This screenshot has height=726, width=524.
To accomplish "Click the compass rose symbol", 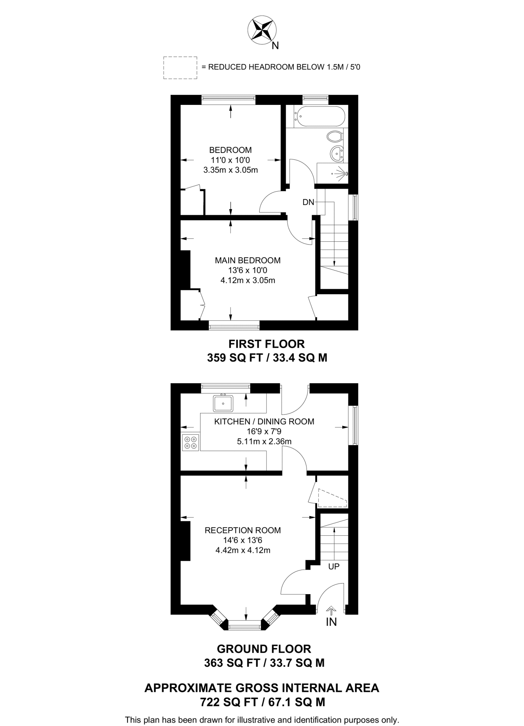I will coord(262,31).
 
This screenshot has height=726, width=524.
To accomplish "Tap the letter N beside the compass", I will coord(275,46).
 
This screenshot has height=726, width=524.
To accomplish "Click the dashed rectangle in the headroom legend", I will coord(180,67).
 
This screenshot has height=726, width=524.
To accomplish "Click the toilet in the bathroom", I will coord(334,136).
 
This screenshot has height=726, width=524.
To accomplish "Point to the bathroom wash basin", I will coord(336,153).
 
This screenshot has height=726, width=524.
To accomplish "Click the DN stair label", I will coord(308,202).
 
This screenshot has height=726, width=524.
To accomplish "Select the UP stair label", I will coord(334,566).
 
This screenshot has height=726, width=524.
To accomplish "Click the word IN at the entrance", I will coord(331,622).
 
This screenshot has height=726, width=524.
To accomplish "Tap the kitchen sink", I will coord(223,403).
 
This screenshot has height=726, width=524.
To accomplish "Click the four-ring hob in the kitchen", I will coord(191,442).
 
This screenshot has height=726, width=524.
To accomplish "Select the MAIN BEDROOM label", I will coord(248,260).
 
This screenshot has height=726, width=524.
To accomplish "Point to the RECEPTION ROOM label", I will coord(243,530).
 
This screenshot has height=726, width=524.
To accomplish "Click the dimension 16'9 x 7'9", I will coord(264,431).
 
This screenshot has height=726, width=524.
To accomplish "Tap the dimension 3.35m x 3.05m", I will coord(231,170).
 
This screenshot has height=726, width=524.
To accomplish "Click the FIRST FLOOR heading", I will coord(266,344).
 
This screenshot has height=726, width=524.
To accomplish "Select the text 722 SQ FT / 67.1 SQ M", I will coord(263,702).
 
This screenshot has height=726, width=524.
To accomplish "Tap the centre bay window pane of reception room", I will coord(245,627).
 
